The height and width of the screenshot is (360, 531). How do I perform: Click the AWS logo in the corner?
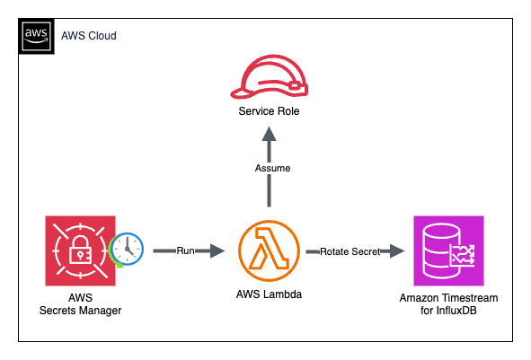(x=36, y=35)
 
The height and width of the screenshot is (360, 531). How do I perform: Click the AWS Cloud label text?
(x=88, y=36)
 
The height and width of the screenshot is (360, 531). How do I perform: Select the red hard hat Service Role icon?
(x=268, y=75)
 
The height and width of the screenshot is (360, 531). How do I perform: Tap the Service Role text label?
(x=268, y=112)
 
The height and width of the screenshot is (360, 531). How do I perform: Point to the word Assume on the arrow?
(x=268, y=167)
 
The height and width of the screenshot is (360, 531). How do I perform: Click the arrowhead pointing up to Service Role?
(x=268, y=134)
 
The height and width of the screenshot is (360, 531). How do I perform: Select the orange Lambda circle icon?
(x=268, y=252)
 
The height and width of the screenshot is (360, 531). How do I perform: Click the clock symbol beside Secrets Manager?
(x=127, y=250)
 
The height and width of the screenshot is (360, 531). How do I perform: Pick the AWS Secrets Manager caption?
(x=80, y=303)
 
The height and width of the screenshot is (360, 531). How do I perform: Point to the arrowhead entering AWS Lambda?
(x=216, y=252)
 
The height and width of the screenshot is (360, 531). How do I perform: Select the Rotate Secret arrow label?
(x=350, y=252)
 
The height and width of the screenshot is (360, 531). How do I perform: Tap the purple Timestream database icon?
(x=448, y=251)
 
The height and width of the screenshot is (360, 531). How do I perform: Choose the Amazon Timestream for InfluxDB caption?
(x=448, y=303)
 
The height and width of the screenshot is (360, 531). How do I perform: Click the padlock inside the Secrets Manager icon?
(x=79, y=251)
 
